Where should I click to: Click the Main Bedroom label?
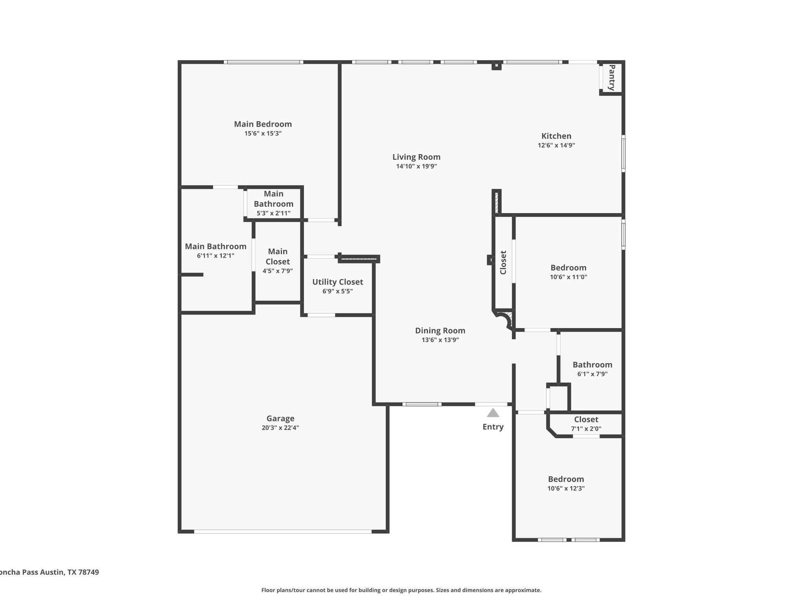[x=263, y=124]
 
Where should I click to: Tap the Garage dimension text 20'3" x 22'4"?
[x=280, y=428]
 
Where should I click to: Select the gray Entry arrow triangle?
[x=493, y=413]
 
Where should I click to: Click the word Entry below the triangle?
[x=493, y=427]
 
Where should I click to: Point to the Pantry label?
[x=612, y=78]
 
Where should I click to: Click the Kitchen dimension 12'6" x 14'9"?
[x=556, y=145]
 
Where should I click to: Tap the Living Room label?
[x=416, y=157]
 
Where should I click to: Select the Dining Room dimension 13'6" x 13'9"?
[x=440, y=340]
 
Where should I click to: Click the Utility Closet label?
[x=338, y=282]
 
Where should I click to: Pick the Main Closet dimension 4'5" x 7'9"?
[x=278, y=271]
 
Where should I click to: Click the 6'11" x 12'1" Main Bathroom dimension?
[x=216, y=256]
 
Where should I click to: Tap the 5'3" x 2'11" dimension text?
[x=273, y=213]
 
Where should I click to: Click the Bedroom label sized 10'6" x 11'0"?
[x=568, y=268]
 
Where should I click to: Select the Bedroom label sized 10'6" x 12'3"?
[x=566, y=479]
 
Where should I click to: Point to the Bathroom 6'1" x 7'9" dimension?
[x=592, y=374]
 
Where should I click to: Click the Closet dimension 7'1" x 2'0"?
[x=586, y=429]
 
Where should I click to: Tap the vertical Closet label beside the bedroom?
[x=503, y=262]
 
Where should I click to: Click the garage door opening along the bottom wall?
[x=282, y=531]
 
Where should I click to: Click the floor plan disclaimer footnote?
[x=401, y=590]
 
